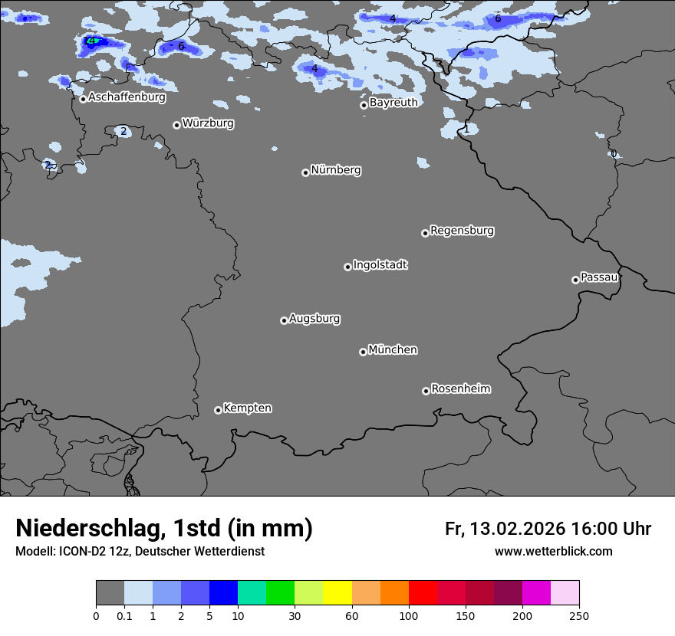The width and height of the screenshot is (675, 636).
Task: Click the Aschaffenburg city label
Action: coord(127,97)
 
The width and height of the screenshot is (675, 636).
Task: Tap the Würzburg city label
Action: coord(208,123)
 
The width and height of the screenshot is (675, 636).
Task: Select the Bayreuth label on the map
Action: coord(393,103)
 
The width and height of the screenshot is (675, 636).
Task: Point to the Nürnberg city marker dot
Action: coord(305,172)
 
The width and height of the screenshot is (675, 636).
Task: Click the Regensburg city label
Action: coord(462,231)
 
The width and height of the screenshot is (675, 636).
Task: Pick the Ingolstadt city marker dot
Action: coord(347,267)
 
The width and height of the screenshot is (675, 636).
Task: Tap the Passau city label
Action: coord(599,277)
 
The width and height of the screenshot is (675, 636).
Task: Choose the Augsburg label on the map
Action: coord(314,319)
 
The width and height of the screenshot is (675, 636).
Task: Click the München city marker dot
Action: coord(363,352)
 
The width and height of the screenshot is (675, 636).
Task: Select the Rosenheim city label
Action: coord(460,389)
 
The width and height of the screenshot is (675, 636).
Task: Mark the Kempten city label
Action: coord(247,408)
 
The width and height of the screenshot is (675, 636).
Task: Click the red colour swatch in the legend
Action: coord(423,593)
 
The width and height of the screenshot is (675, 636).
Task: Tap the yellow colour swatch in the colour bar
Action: coord(337,593)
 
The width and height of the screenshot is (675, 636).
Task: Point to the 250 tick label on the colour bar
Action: coord(579,615)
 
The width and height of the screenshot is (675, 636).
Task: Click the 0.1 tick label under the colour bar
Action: coord(124,615)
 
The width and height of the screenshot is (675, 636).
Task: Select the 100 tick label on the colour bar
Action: coord(409,615)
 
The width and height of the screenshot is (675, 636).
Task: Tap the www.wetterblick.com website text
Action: coord(553,552)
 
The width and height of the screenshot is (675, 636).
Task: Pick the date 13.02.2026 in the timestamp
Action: coord(518,529)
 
